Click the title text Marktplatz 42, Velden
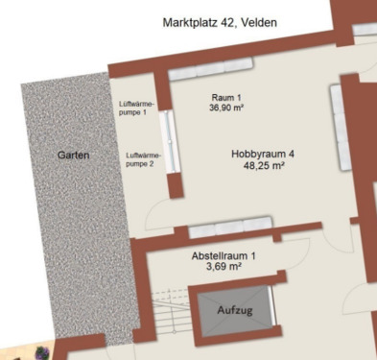tap(220, 21)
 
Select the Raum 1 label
tap(227, 98)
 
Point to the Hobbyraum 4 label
tap(262, 154)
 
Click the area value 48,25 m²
tap(264, 166)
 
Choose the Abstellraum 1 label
tap(224, 255)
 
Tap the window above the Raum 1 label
tap(210, 73)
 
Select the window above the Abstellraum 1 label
tap(230, 229)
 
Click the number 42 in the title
tap(223, 21)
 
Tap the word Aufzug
tap(237, 309)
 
